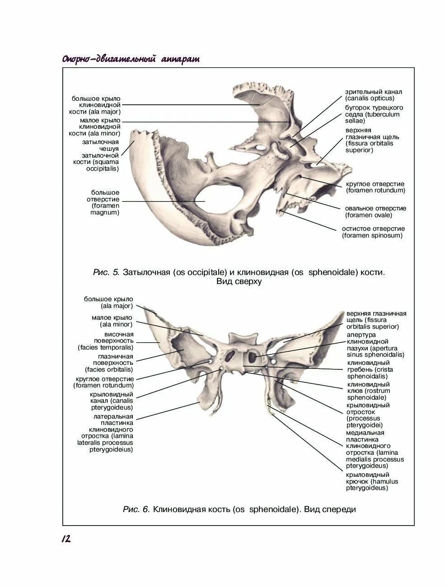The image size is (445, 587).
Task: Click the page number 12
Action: click(x=66, y=539)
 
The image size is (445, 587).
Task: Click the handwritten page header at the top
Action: click(x=131, y=60)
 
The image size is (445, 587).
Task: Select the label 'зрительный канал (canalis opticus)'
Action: click(x=373, y=95)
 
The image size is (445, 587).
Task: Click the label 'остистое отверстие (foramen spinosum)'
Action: click(x=373, y=232)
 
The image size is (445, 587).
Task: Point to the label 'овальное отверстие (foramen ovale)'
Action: click(x=376, y=211)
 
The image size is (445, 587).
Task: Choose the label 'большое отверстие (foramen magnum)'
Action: click(x=103, y=202)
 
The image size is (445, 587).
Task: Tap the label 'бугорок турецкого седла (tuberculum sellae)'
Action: click(x=375, y=114)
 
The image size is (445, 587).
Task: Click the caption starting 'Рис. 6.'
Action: click(x=239, y=509)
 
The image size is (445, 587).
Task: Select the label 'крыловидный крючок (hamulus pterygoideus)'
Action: click(x=367, y=481)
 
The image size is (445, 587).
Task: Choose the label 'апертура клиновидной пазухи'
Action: click(x=375, y=345)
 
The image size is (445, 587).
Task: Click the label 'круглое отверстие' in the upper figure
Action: click(x=375, y=187)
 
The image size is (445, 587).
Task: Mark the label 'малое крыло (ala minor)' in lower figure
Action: click(x=112, y=321)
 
